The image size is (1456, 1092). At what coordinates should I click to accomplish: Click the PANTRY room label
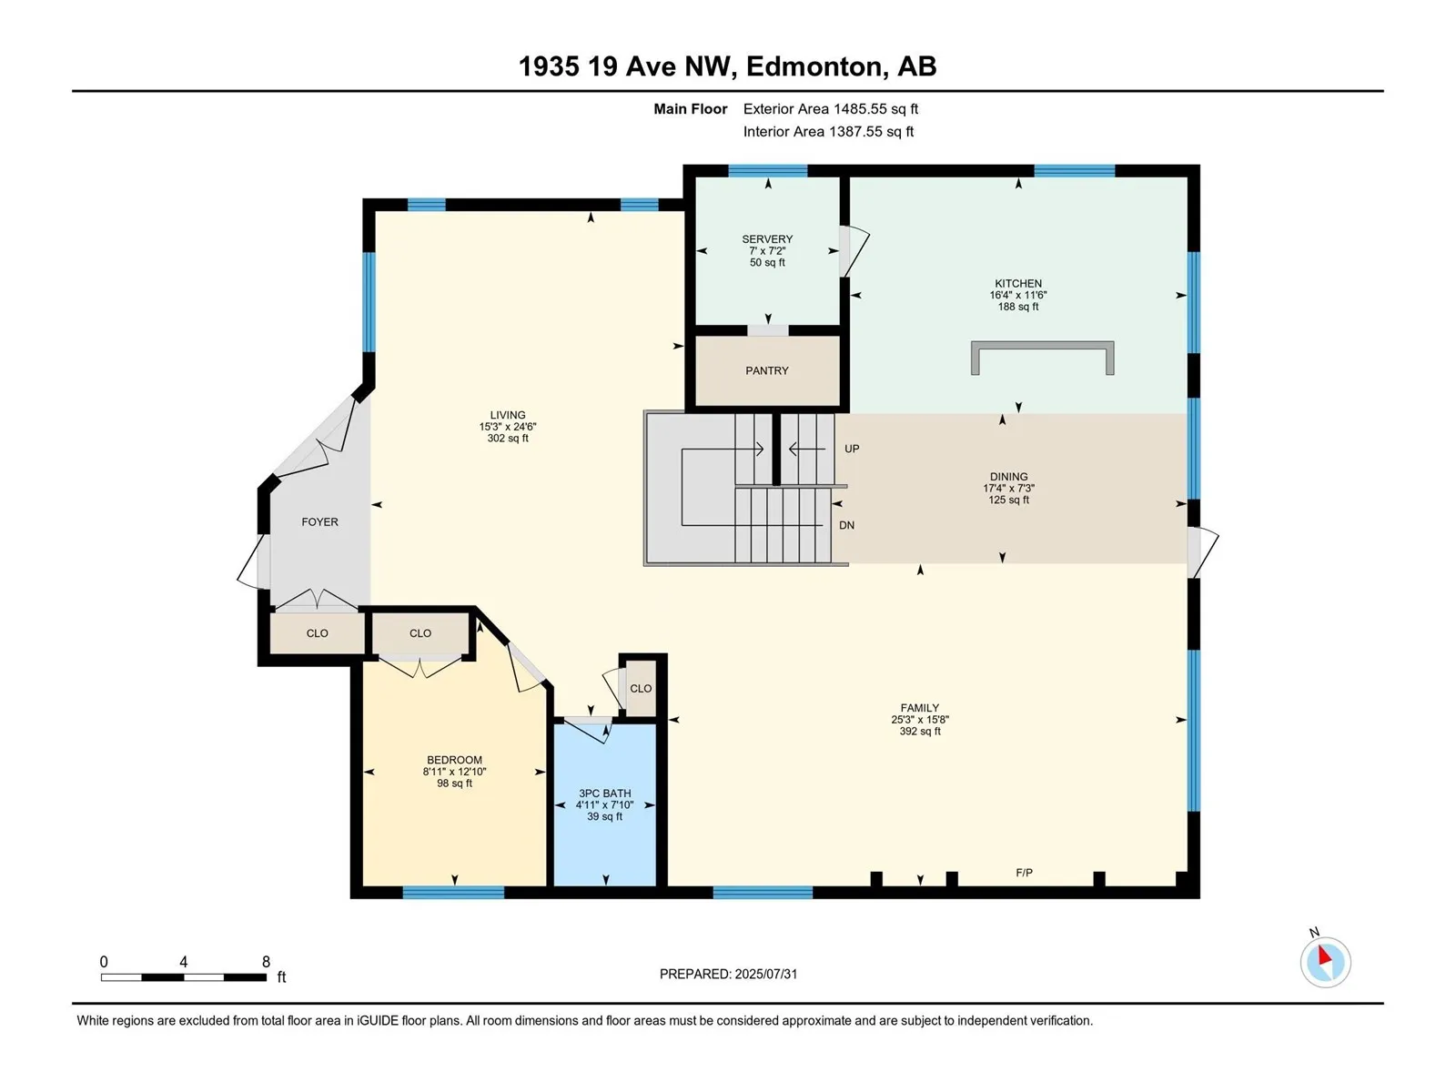767,370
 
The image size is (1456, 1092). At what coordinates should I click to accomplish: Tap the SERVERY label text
767,238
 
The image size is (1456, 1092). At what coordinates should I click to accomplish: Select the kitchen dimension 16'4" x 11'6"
1018,295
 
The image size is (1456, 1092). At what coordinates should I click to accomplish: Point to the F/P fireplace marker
1024,873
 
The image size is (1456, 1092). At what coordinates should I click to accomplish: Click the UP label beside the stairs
852,449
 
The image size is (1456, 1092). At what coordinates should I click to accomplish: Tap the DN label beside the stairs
846,525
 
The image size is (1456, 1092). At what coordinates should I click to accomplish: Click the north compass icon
1325,962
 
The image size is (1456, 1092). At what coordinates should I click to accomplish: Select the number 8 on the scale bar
266,961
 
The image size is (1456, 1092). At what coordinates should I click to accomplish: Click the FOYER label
319,521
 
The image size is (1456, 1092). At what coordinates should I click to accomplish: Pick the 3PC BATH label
604,793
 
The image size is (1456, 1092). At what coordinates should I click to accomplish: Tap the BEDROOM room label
454,760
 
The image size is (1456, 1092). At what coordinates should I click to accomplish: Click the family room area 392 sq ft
920,732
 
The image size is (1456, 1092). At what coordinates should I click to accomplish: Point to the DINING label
1008,477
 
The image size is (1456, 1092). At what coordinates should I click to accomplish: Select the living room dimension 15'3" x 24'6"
508,427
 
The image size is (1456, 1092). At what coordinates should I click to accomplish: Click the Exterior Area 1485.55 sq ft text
831,108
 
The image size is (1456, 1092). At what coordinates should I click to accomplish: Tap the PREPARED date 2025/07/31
765,974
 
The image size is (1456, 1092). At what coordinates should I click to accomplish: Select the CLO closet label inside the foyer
317,633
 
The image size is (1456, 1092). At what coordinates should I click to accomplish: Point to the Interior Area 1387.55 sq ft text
828,131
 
